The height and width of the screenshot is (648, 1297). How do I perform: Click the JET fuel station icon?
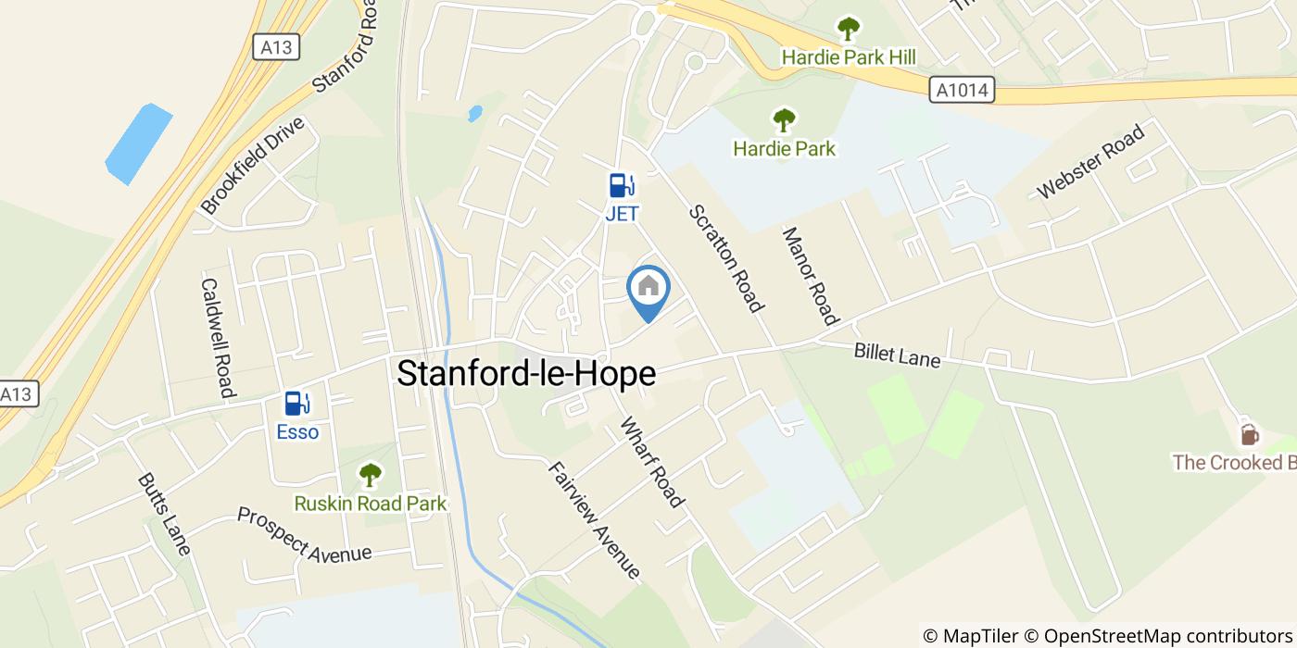tap(622, 185)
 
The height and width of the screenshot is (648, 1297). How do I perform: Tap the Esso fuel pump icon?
tap(297, 404)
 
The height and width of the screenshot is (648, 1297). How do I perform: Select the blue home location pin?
tap(648, 290)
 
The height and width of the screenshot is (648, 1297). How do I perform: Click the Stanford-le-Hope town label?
tap(526, 373)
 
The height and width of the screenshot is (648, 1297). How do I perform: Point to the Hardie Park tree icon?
tap(784, 119)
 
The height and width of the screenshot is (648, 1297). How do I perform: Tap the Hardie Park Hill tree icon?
tap(848, 29)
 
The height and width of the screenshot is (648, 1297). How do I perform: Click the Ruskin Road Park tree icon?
tap(370, 476)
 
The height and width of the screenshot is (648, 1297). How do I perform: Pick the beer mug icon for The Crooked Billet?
tap(1249, 433)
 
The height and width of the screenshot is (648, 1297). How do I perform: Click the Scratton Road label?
tap(726, 258)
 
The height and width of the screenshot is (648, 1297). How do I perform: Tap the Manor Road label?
tap(811, 276)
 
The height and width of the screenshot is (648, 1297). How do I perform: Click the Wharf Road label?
tap(652, 462)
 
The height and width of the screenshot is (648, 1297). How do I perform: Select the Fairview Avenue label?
tap(594, 519)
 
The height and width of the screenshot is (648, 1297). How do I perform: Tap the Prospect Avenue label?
tap(304, 534)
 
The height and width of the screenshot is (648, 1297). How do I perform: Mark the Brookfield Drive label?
tap(252, 166)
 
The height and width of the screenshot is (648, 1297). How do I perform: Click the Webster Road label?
tap(1090, 160)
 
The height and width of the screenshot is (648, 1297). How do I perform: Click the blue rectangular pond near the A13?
tap(139, 143)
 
